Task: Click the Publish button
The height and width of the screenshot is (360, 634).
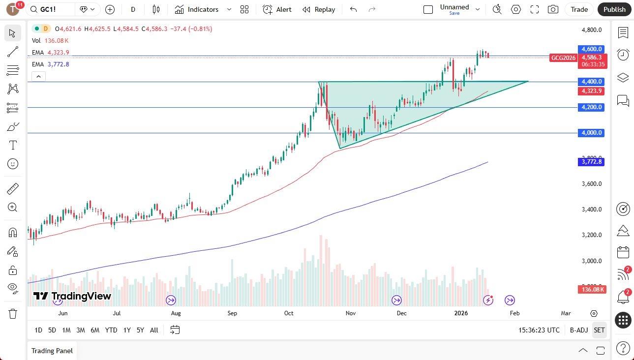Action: (x=614, y=9)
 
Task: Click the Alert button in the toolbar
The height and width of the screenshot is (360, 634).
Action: (x=277, y=9)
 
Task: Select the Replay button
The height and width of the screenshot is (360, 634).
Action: (x=319, y=9)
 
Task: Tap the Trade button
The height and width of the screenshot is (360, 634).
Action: (x=579, y=9)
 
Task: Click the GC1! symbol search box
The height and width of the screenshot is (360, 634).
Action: (x=52, y=9)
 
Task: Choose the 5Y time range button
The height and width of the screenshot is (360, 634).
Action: (x=140, y=330)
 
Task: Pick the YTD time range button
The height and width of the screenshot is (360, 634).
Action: (x=111, y=330)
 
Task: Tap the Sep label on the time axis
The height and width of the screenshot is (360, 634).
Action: (x=232, y=313)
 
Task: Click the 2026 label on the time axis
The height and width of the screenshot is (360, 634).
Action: (x=461, y=313)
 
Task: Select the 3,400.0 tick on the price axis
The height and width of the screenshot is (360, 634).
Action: (x=592, y=210)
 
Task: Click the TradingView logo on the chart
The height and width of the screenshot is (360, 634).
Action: (x=72, y=296)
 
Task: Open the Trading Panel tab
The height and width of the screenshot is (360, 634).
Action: (x=52, y=351)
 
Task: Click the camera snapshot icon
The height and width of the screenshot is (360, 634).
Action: (x=553, y=9)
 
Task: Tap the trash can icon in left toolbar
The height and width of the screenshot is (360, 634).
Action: (x=13, y=313)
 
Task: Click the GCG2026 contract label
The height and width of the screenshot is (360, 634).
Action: (x=563, y=58)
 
